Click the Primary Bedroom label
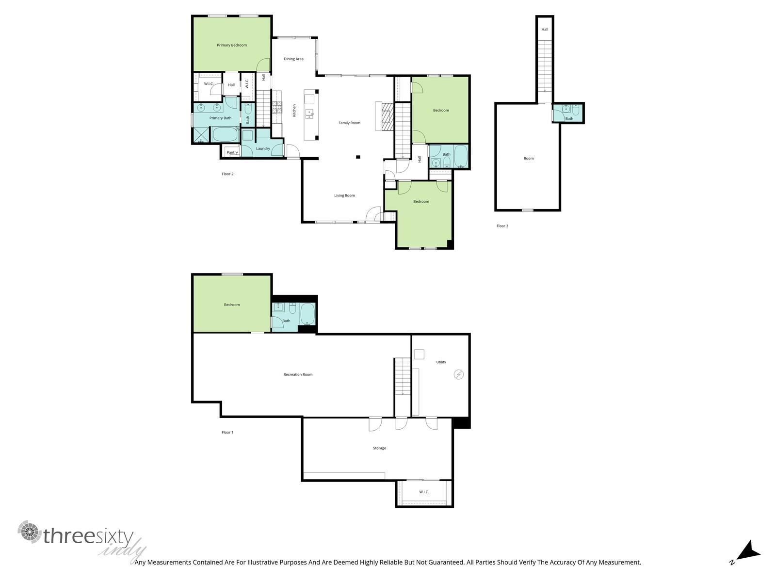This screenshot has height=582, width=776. [231, 45]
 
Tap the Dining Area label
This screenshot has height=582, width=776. [293, 59]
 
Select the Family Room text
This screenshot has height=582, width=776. [349, 123]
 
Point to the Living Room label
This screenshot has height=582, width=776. [344, 195]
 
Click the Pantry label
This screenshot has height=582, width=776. [232, 153]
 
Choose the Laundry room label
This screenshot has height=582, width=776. [263, 149]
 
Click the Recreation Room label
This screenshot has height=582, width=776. [298, 374]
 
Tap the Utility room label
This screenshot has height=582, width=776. [441, 362]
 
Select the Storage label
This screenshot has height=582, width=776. [379, 448]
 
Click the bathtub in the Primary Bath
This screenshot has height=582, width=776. [226, 134]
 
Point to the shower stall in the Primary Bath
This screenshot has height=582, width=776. [201, 135]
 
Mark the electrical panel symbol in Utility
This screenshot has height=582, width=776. [458, 374]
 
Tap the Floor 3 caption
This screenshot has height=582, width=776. [502, 226]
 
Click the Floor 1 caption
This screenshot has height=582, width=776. [227, 433]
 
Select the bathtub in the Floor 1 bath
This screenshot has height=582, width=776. [307, 314]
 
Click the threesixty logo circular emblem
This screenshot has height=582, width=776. [30, 532]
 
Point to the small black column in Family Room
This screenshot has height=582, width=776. [358, 157]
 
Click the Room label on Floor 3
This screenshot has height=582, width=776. [529, 159]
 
